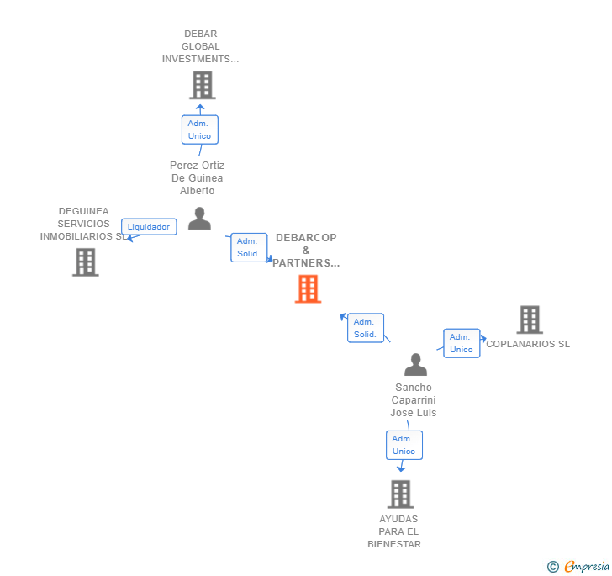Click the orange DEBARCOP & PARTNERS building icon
[308, 289]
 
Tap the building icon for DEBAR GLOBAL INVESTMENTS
[202, 85]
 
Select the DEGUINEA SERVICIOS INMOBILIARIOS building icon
[85, 262]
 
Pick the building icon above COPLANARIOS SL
[529, 320]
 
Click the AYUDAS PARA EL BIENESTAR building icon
[400, 494]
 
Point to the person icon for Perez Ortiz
[199, 219]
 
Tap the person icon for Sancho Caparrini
[415, 365]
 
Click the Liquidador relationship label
[149, 226]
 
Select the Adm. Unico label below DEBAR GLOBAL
[199, 129]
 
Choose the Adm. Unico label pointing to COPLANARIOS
[462, 343]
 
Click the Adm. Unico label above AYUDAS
[404, 445]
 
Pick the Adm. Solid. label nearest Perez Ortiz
[249, 247]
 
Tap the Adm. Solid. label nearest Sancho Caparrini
[365, 328]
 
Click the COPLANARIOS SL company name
[528, 344]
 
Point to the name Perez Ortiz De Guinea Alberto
[198, 178]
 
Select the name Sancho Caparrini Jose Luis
[414, 400]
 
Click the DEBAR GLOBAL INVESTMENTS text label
[201, 47]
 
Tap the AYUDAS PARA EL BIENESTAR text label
[398, 531]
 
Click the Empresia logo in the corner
[587, 567]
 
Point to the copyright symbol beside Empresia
[552, 567]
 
